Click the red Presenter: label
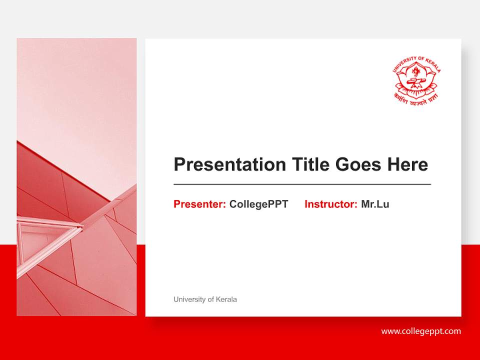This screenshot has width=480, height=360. coord(199,204)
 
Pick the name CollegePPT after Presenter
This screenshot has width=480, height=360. coord(258,204)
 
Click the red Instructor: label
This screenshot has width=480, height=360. coord(330,204)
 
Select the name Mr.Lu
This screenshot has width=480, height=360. coord(375,204)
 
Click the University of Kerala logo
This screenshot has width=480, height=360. coord(416,80)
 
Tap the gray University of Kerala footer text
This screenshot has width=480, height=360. coord(205,299)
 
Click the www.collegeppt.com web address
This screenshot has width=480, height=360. coord(421,331)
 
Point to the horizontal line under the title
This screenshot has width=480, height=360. coord(302,184)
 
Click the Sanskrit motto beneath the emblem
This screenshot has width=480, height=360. coord(416,98)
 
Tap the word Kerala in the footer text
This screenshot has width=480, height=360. coord(226,299)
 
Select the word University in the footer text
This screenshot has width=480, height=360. coord(189,299)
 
